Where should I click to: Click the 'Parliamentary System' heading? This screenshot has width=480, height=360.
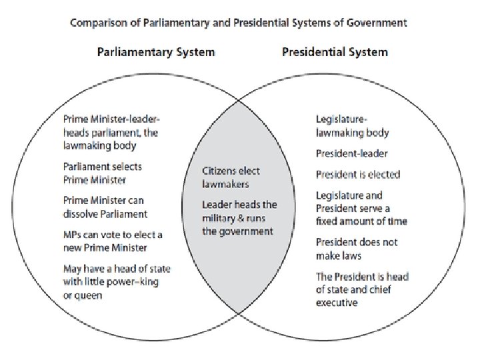click(156, 51)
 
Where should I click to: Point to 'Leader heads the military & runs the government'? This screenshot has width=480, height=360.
click(239, 218)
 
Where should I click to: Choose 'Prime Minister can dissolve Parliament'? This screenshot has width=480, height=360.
click(105, 207)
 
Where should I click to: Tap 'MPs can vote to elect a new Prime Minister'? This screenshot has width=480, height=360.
click(113, 241)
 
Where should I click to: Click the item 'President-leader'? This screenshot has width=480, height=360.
click(351, 154)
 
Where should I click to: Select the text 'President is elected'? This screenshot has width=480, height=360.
click(357, 175)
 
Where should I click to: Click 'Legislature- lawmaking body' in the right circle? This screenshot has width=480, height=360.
click(352, 126)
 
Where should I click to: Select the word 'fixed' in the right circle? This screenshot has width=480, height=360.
click(327, 221)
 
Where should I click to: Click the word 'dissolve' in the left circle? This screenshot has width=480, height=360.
click(80, 214)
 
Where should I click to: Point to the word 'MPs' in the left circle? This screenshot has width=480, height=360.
click(71, 235)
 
